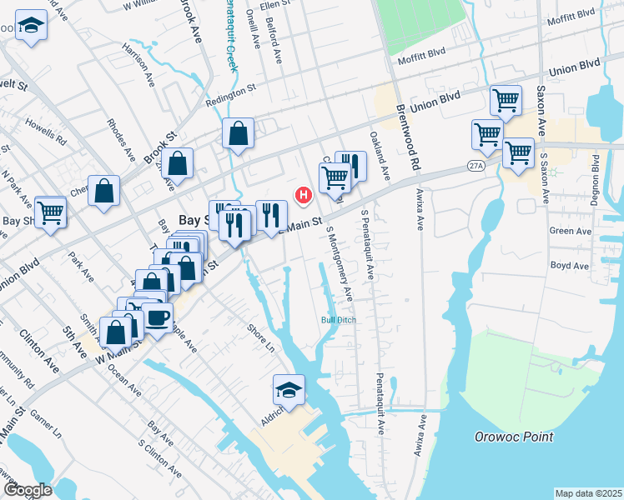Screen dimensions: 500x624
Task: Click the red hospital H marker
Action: pyautogui.click(x=304, y=197)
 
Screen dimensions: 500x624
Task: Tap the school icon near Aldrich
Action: pyautogui.click(x=289, y=389)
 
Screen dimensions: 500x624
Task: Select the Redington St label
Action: pyautogui.click(x=230, y=101)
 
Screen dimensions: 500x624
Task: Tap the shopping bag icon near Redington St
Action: pyautogui.click(x=239, y=133)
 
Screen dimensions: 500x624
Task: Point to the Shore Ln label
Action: pyautogui.click(x=260, y=333)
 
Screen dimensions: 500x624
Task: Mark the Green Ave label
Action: pyautogui.click(x=569, y=231)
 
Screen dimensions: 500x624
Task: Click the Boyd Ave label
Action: pyautogui.click(x=569, y=267)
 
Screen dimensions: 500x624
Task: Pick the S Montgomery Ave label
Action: pyautogui.click(x=340, y=264)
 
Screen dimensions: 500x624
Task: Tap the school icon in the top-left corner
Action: pyautogui.click(x=32, y=26)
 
